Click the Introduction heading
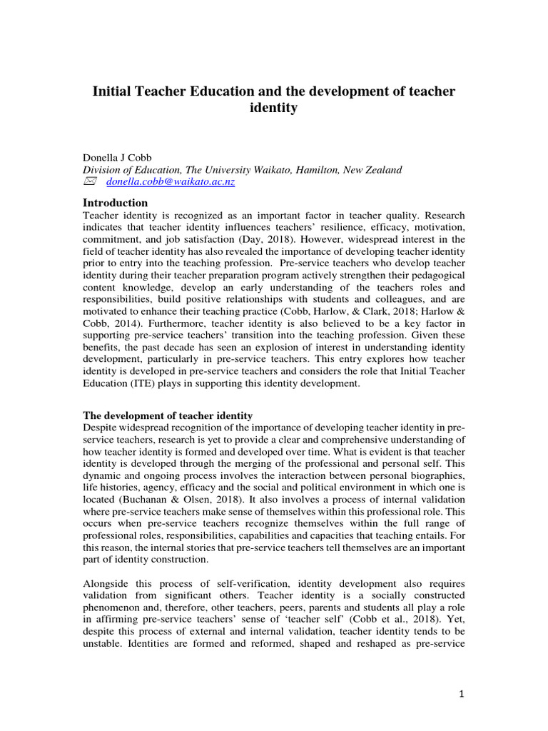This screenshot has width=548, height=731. [116, 203]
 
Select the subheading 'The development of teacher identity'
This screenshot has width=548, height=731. [167, 415]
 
